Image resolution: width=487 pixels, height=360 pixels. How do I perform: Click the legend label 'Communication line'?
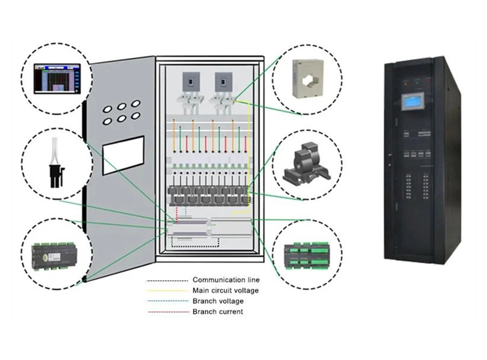coord(226,280)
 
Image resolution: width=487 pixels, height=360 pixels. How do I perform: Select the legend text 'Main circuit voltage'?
coord(225,291)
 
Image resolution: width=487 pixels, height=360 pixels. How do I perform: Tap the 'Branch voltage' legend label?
coord(218,301)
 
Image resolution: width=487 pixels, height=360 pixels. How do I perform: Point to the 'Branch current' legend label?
coord(218,312)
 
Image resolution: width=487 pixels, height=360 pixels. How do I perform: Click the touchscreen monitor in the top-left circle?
coord(57,78)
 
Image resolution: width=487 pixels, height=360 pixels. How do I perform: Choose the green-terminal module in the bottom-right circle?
coord(307,254)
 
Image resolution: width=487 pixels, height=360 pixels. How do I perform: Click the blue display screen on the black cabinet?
coord(411,104)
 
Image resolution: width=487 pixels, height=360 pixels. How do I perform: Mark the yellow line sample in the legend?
coord(168,291)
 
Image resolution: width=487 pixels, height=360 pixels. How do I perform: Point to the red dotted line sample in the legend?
coord(168,312)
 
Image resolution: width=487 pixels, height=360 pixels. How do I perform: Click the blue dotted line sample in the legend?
coord(168,302)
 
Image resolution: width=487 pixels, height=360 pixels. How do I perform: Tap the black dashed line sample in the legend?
coord(168,281)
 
